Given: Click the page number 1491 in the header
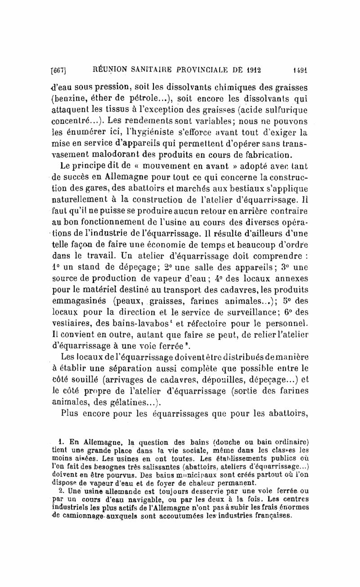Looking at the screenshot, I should click(298, 70).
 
